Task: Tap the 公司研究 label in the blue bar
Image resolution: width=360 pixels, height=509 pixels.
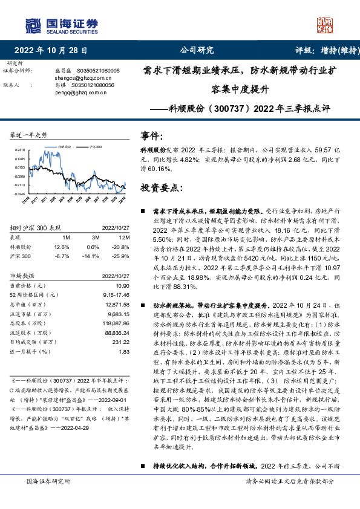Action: click(197, 50)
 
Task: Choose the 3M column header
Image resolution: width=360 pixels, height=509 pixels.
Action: click(93, 238)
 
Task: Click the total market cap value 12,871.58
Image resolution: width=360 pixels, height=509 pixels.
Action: click(117, 305)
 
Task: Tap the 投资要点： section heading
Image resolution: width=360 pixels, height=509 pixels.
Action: click(162, 188)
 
